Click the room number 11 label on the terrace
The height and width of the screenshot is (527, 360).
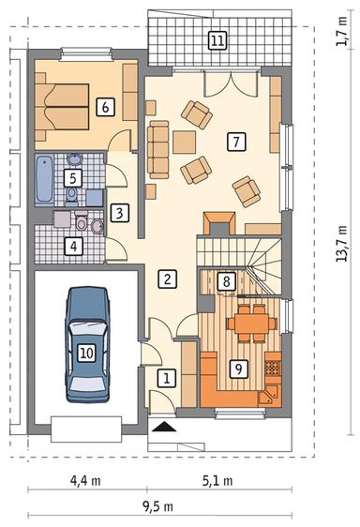coord(217,40)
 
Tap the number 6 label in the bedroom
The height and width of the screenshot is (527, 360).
coord(104,107)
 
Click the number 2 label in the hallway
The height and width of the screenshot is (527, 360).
coord(166,278)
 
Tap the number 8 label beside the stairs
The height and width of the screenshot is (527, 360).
coord(224,280)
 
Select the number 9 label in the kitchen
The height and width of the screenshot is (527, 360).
coord(238,369)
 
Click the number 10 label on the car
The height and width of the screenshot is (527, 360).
coord(86,353)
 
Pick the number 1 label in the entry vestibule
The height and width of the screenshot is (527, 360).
coord(166,379)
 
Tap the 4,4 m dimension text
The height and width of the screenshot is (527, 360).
coord(86,481)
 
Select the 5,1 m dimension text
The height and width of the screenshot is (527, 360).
coord(217,481)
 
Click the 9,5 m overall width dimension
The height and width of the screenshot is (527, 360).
coord(158,507)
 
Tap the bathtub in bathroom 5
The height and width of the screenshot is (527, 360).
coord(43,180)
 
